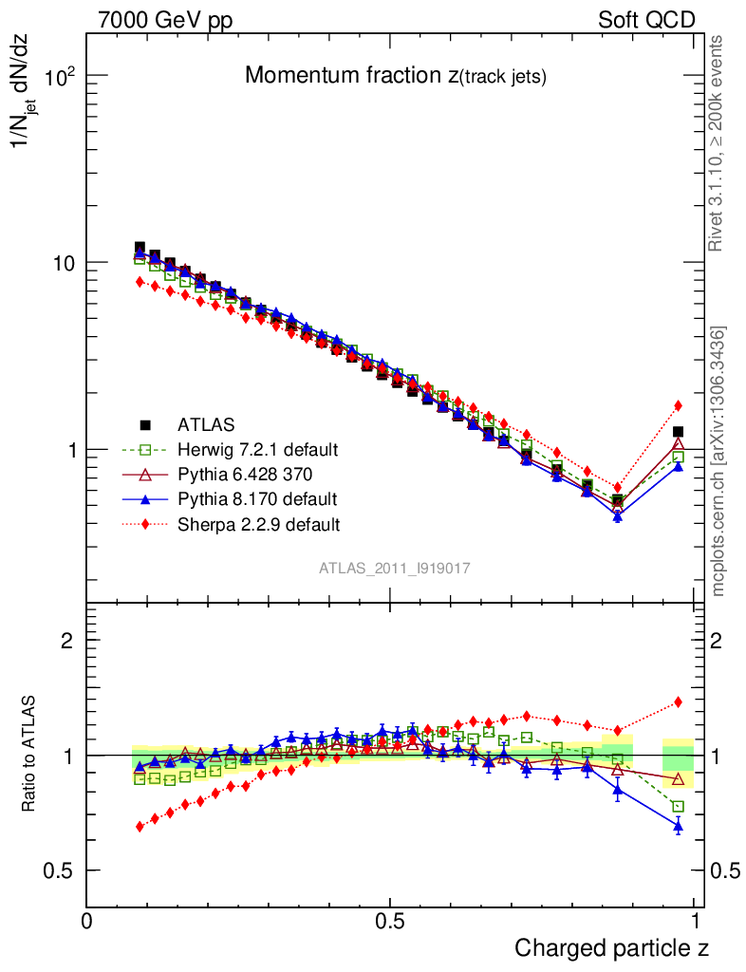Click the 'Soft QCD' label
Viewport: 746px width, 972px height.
point(646,20)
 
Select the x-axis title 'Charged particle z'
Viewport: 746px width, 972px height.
point(611,946)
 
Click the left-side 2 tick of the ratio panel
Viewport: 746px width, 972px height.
point(67,641)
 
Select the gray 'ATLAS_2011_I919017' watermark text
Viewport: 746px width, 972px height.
point(395,568)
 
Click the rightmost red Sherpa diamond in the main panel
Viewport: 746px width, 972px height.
point(678,405)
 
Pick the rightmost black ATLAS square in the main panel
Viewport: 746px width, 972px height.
point(678,432)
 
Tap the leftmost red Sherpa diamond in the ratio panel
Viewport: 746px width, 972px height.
point(140,827)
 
